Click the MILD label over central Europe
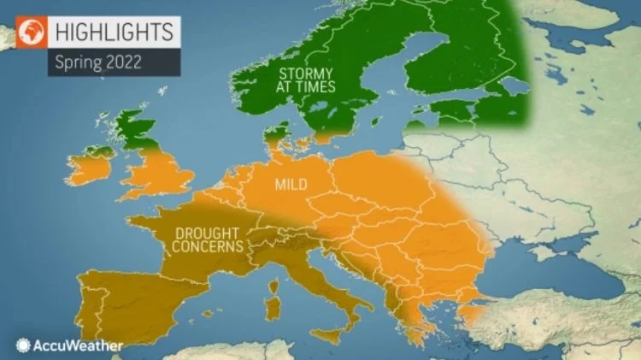(291, 184)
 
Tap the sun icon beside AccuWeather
(22, 345)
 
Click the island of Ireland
(91, 166)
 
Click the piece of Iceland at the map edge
(7, 34)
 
